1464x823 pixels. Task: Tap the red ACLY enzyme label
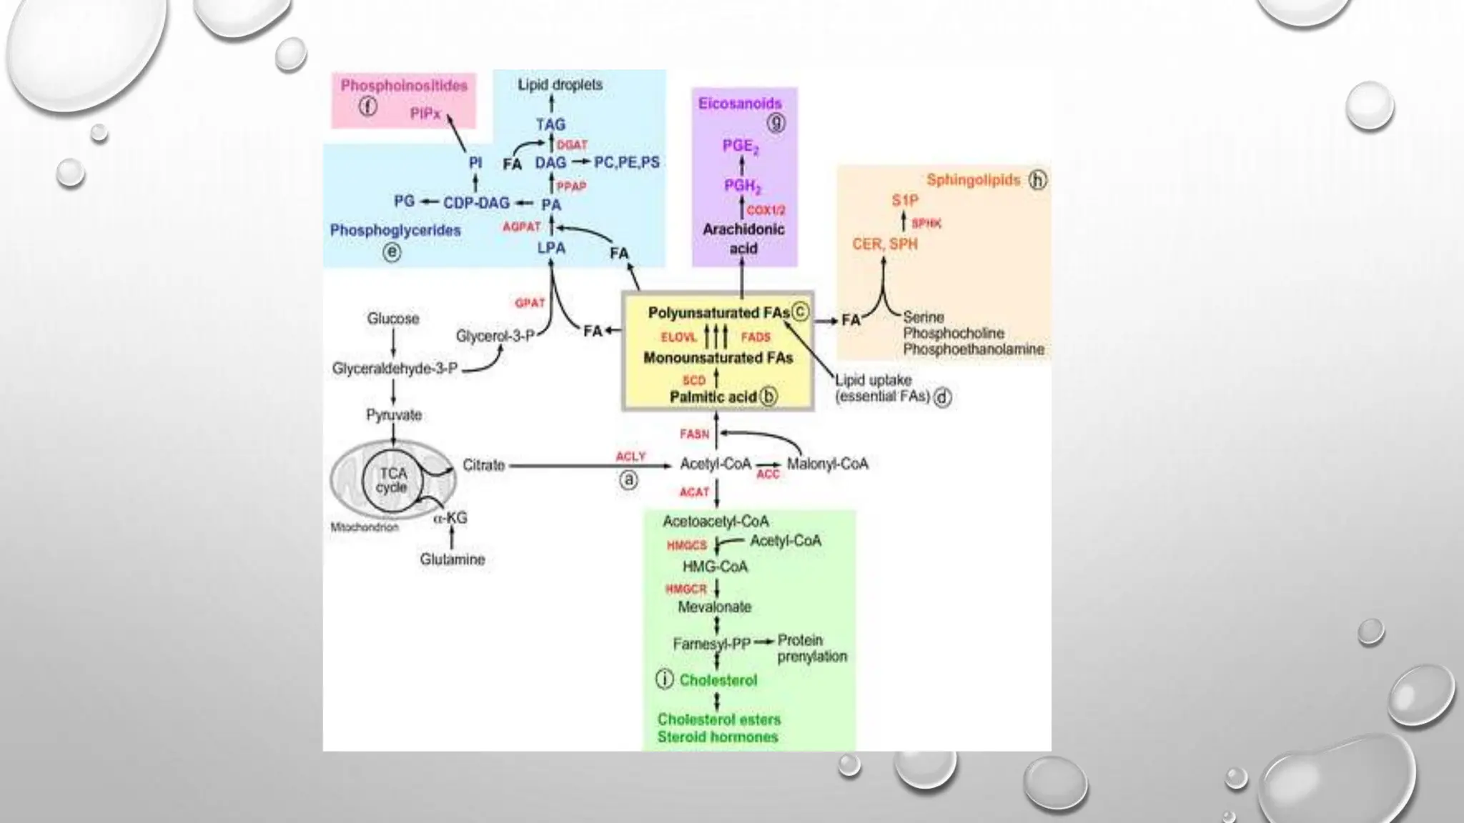(630, 456)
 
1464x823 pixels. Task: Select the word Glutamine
(452, 559)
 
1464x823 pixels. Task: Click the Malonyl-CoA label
(827, 464)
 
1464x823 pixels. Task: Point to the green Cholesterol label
(718, 680)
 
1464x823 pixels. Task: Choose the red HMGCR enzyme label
(686, 589)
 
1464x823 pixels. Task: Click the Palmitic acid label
(713, 396)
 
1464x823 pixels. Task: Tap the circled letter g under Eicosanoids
(776, 123)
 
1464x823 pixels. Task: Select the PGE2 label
(741, 146)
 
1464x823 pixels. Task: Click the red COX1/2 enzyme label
(766, 210)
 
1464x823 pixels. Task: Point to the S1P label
(904, 200)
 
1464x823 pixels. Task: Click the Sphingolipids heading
(973, 180)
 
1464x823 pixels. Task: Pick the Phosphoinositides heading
(404, 86)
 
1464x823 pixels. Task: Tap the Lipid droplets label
(560, 84)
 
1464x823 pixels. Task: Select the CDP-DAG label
(476, 203)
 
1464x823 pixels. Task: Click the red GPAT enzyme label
(530, 303)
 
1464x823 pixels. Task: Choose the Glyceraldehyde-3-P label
(395, 369)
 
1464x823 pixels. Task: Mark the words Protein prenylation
(811, 648)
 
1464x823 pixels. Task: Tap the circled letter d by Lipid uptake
(943, 397)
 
